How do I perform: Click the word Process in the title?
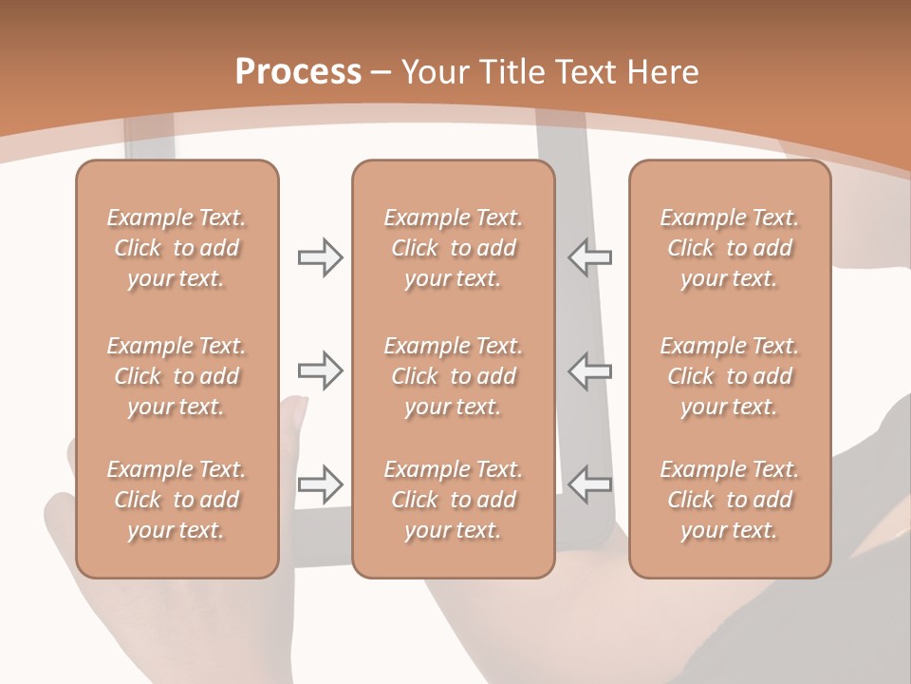[x=298, y=72]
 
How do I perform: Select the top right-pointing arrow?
[x=321, y=257]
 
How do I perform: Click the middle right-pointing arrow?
[x=321, y=370]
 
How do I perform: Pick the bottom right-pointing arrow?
[x=321, y=484]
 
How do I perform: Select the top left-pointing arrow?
[x=590, y=257]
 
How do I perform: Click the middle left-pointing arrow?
[x=590, y=370]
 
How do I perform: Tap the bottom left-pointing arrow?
[x=590, y=484]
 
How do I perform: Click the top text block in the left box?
[x=177, y=248]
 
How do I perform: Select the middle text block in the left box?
[x=177, y=376]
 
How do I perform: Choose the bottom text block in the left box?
[x=177, y=500]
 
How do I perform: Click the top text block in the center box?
[x=454, y=248]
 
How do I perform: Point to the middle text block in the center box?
[x=454, y=376]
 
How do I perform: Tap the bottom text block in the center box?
[x=454, y=500]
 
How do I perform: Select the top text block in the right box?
[x=730, y=248]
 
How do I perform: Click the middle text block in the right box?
[x=730, y=376]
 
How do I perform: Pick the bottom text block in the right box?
[x=730, y=500]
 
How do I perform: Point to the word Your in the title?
[x=434, y=72]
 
